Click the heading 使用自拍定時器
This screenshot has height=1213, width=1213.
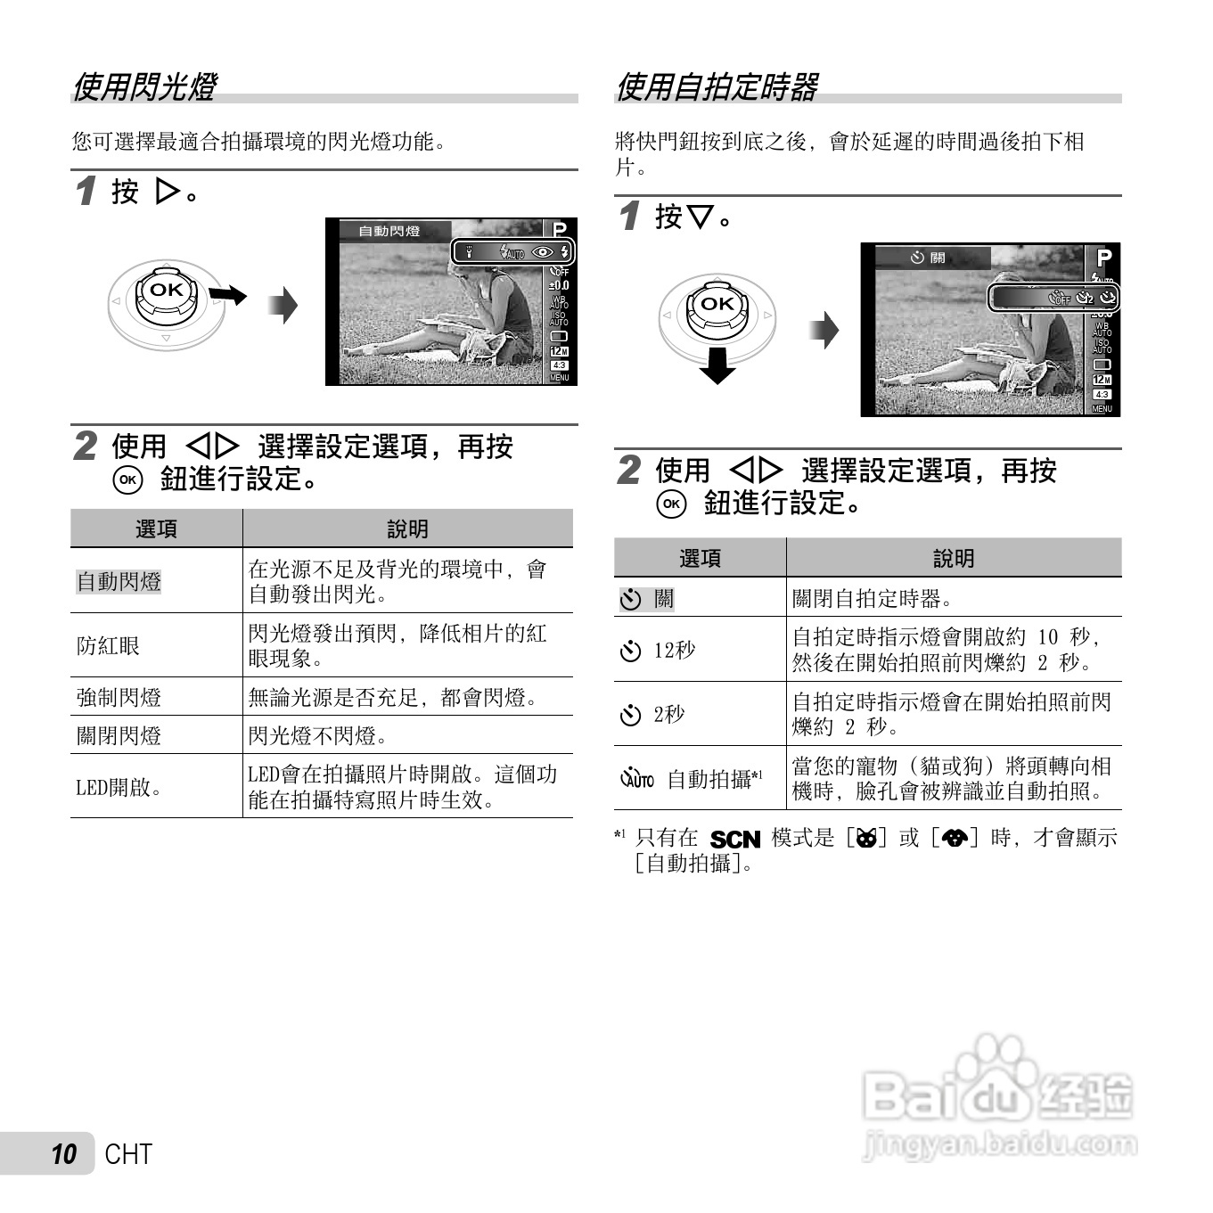tap(717, 87)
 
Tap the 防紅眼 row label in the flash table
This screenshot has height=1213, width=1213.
tap(109, 645)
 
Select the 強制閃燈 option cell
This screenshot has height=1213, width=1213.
tap(119, 697)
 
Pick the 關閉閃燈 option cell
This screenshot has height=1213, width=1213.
tap(119, 735)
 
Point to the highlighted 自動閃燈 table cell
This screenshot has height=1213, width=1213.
tap(119, 581)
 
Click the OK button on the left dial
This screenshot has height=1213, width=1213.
tap(167, 290)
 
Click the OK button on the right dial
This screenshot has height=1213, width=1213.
tap(717, 304)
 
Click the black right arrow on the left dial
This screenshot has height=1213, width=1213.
tap(229, 293)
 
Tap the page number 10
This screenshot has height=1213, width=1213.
tap(63, 1154)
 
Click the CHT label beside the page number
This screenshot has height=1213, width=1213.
tap(128, 1154)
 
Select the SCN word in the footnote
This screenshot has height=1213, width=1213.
tap(734, 840)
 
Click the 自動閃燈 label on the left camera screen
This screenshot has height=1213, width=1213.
tap(389, 231)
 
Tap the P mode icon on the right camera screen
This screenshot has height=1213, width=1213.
tap(1104, 258)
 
